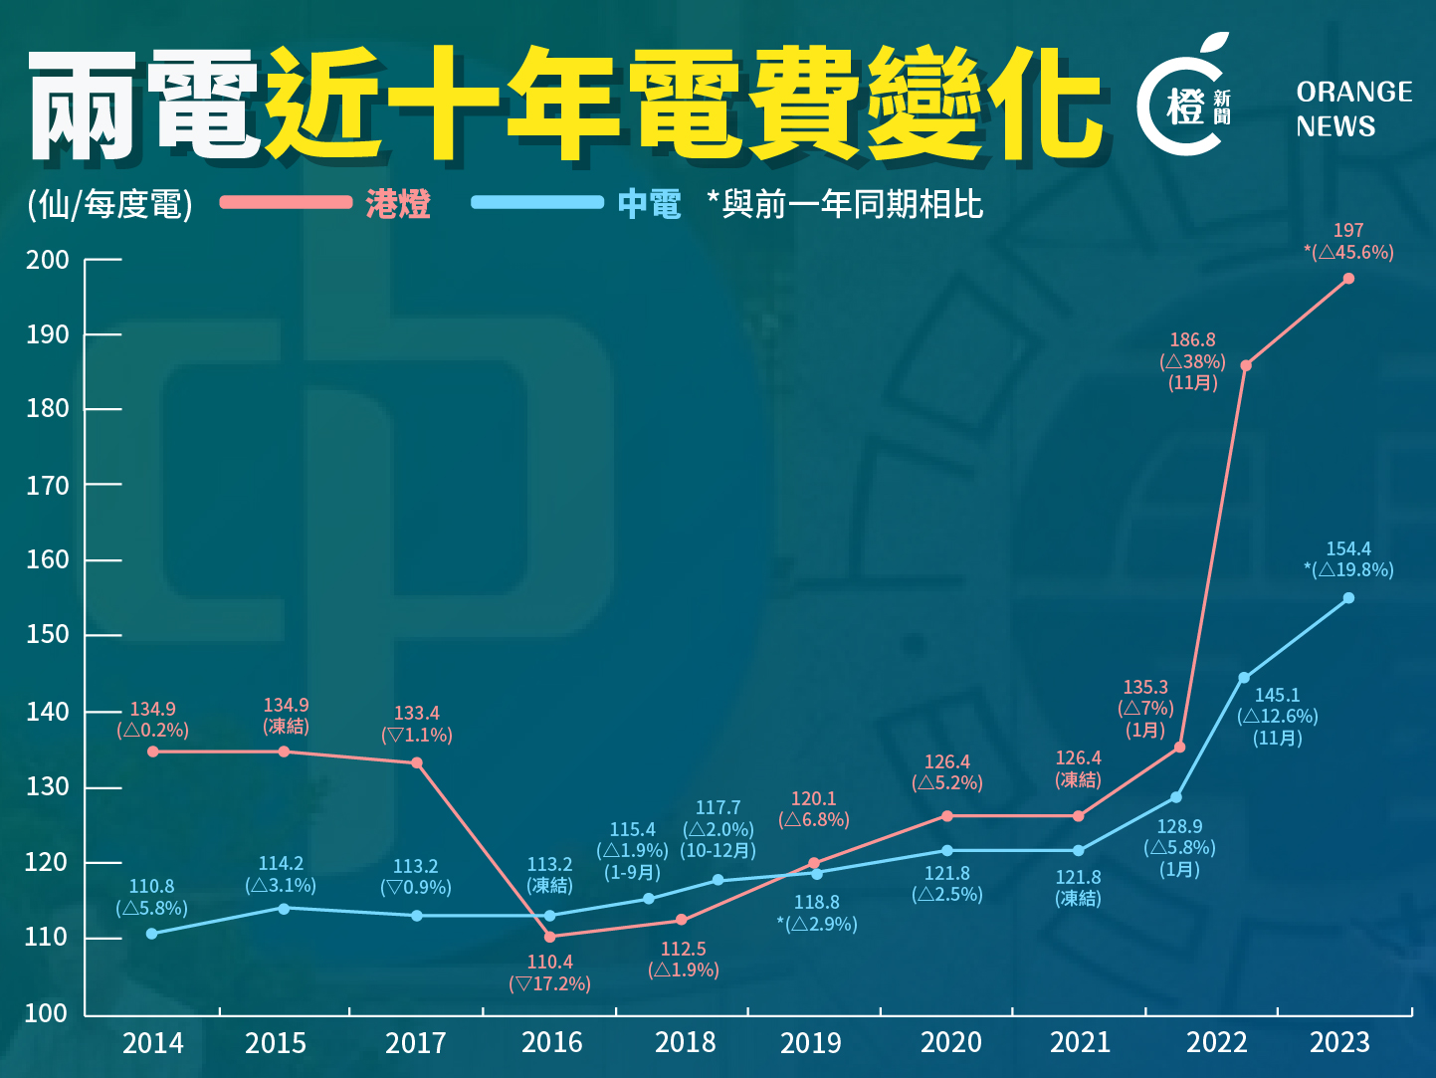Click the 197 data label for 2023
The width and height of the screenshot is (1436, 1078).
click(1348, 231)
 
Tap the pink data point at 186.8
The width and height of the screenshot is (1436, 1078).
click(1246, 365)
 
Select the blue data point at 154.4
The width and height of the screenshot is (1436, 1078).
click(1348, 598)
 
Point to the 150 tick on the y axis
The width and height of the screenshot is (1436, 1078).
click(47, 635)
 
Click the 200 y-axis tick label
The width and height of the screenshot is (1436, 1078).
click(47, 261)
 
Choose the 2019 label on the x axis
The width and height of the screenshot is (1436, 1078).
click(810, 1043)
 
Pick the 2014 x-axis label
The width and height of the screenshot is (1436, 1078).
click(152, 1043)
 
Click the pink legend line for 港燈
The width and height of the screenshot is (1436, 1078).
click(286, 202)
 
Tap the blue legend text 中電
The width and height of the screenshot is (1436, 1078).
click(649, 204)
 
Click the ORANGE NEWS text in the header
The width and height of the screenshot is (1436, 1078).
click(1353, 109)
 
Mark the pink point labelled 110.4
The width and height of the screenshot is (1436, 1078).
click(550, 937)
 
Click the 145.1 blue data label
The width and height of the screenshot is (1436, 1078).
click(1277, 696)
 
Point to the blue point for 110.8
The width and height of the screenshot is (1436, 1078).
click(152, 934)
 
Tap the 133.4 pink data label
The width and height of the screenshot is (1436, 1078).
click(416, 714)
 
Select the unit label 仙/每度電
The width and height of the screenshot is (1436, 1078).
click(109, 205)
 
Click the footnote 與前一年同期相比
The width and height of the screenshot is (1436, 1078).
click(851, 205)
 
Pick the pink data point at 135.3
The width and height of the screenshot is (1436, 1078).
click(1179, 747)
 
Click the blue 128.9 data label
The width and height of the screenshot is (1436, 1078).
click(1179, 827)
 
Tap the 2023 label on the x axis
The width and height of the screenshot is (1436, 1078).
click(1339, 1043)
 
